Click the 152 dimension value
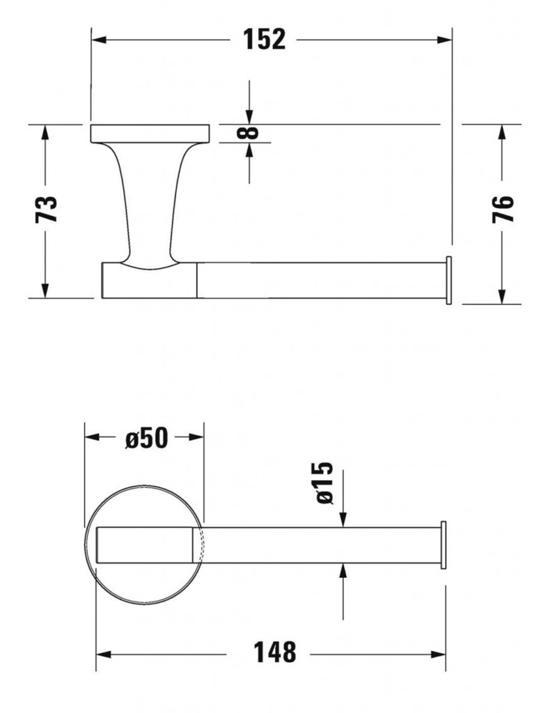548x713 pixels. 264,40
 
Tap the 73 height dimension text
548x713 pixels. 47,210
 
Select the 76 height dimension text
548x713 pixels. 503,209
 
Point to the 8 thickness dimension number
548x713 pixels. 249,132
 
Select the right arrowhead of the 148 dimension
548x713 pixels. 439,654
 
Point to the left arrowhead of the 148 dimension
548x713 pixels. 103,654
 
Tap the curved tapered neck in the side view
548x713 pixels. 150,202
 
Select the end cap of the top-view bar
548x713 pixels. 442,544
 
